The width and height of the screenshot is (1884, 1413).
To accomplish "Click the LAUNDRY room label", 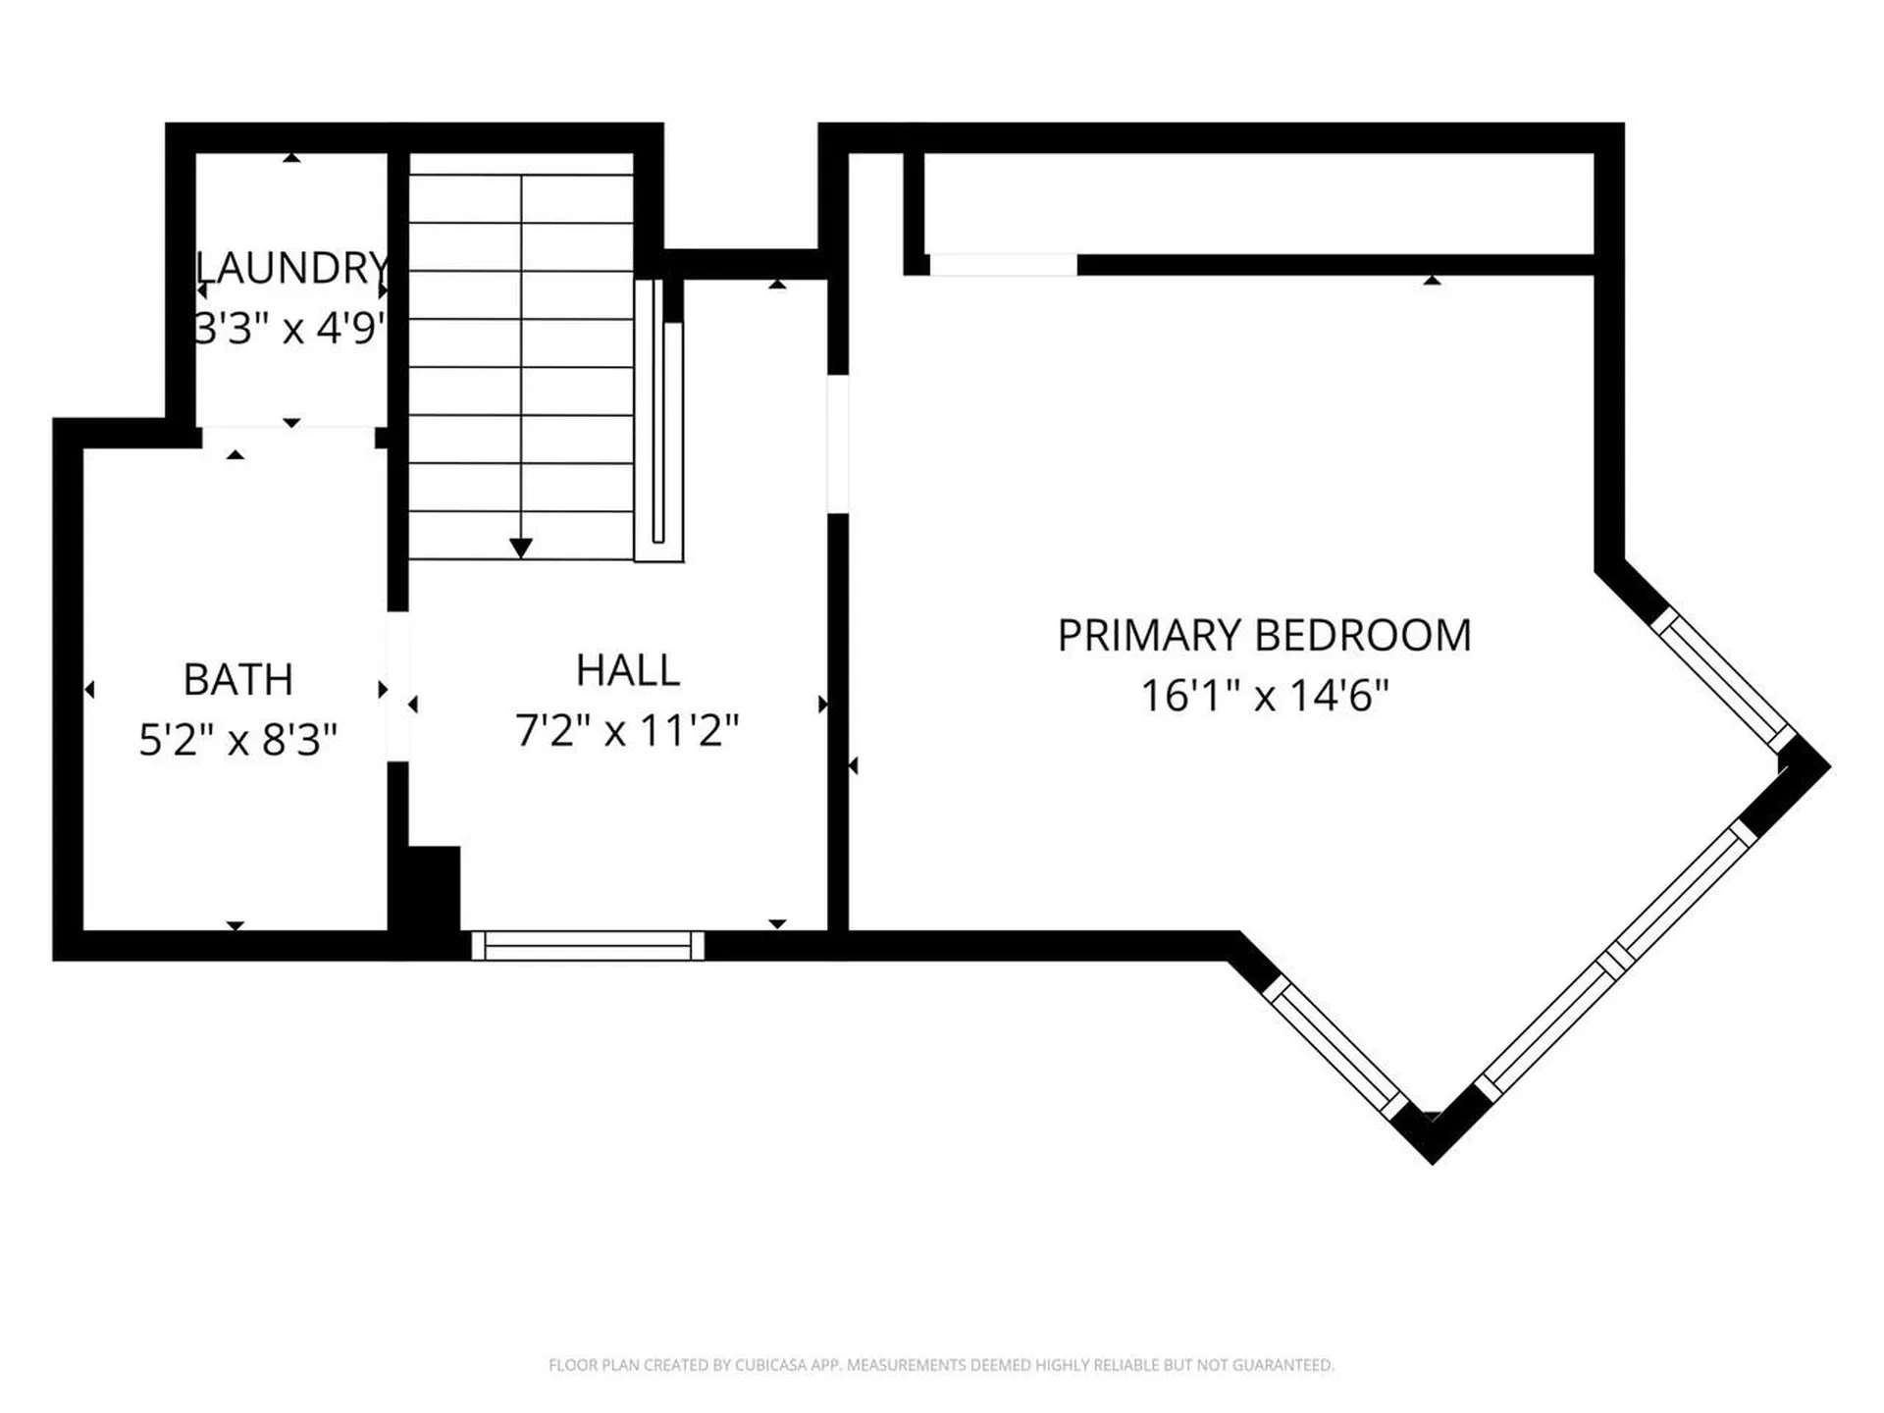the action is click(292, 268).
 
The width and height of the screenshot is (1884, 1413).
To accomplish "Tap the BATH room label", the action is click(238, 679).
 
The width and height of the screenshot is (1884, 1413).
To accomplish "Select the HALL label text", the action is click(628, 670).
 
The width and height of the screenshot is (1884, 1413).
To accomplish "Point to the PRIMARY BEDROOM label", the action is click(1264, 635).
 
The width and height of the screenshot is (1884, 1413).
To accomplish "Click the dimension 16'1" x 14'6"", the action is click(1265, 696).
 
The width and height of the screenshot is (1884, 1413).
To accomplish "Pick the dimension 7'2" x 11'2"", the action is click(627, 730).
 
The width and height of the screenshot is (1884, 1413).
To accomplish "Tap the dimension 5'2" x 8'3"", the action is click(238, 740).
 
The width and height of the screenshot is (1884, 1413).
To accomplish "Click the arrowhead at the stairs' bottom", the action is click(521, 548).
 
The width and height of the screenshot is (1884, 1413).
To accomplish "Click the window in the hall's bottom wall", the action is click(588, 946).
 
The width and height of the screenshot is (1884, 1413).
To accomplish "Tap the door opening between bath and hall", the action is click(397, 686).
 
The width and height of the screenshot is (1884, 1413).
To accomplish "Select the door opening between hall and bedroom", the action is click(838, 444).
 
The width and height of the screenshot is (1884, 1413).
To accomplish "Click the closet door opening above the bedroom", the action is click(1003, 265).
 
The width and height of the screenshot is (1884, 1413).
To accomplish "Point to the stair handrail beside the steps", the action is click(658, 421).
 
